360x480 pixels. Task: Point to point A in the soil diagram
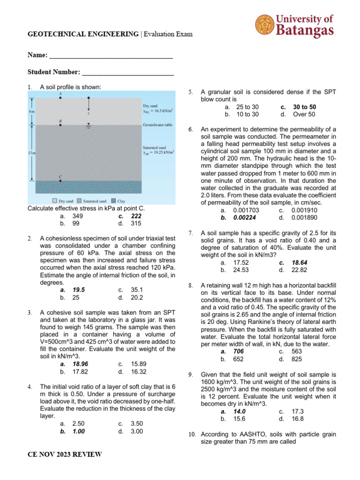[60, 98]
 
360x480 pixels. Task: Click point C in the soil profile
[60, 180]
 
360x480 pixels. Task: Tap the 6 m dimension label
[31, 111]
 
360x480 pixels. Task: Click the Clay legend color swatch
[114, 201]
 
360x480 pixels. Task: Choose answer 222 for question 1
[136, 216]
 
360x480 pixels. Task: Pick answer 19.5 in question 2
[79, 290]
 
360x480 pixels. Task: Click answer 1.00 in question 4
[79, 432]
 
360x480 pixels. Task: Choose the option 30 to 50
[304, 107]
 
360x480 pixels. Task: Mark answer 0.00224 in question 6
[244, 217]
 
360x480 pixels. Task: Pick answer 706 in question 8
[239, 352]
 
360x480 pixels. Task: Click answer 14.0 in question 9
[240, 411]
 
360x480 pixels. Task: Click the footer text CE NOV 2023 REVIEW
[65, 455]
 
